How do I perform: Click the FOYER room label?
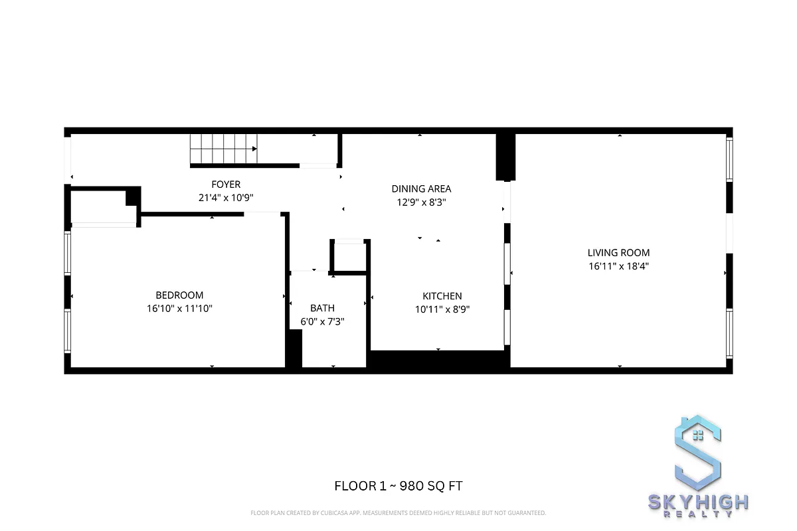(226, 185)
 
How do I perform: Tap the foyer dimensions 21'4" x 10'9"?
(226, 197)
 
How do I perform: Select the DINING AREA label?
(421, 189)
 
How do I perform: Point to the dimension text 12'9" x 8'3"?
(421, 202)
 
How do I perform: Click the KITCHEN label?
(442, 296)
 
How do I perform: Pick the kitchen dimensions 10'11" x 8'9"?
(442, 309)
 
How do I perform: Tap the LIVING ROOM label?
(618, 253)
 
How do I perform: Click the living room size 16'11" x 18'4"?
(618, 266)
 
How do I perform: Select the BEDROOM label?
(179, 295)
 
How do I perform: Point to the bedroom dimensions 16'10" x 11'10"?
(179, 308)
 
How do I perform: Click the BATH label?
(322, 308)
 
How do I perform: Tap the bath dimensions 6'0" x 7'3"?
(322, 322)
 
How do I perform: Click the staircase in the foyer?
(223, 149)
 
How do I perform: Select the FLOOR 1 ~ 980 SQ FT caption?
(398, 486)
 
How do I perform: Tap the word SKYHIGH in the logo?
(698, 502)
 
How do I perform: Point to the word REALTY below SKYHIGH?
(698, 515)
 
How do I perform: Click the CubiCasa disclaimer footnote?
(398, 512)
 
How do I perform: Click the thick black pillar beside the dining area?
(505, 157)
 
